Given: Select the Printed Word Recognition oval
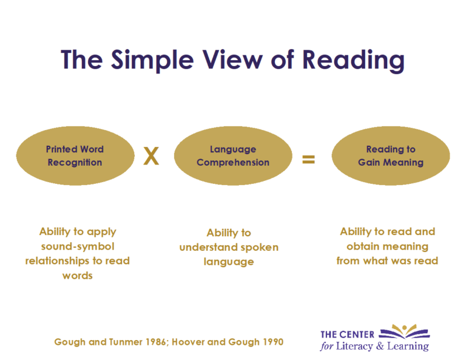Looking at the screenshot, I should click(x=74, y=155).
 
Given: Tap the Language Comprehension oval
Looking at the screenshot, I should click(x=233, y=155).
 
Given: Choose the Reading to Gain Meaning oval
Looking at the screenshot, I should click(x=390, y=155).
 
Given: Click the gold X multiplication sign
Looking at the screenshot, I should click(x=151, y=157).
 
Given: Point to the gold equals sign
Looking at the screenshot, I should click(x=308, y=160).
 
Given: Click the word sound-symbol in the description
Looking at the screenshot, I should click(x=78, y=246).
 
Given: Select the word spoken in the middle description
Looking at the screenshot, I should click(x=257, y=248).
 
